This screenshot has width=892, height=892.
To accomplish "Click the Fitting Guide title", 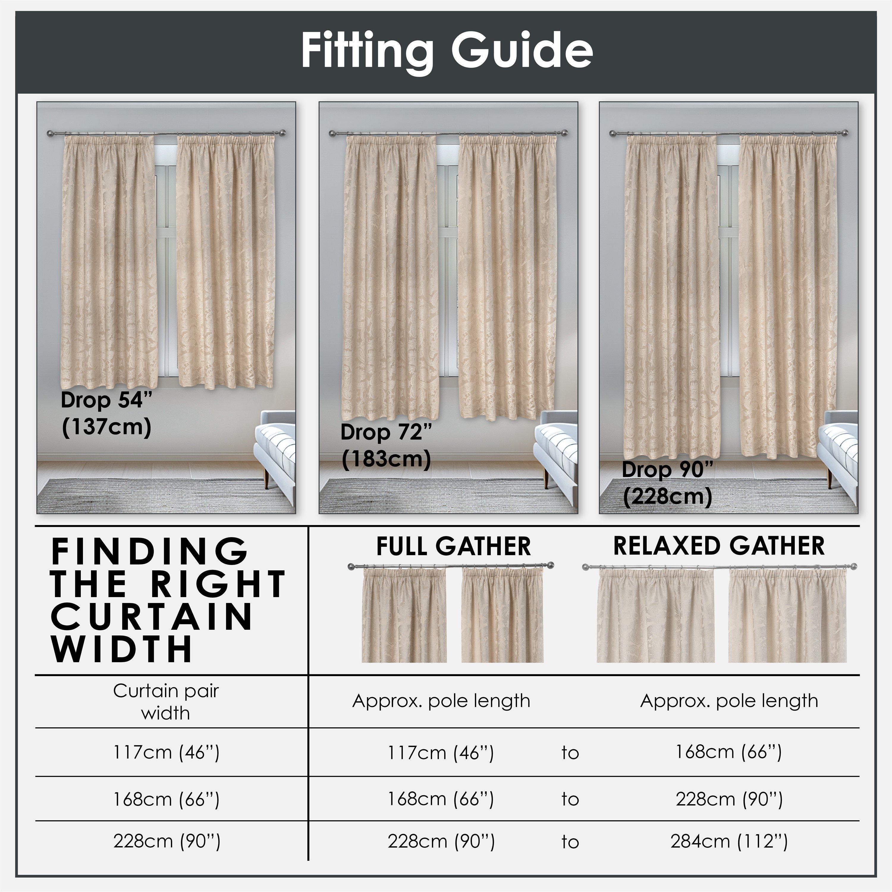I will [446, 51].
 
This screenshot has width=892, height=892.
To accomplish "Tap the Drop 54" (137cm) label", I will [106, 413].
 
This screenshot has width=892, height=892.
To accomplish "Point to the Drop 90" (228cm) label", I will [667, 483].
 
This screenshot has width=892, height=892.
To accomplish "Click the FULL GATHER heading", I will [453, 546].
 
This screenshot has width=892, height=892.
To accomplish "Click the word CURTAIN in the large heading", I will [152, 617].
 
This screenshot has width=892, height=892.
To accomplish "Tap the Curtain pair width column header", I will [166, 702].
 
